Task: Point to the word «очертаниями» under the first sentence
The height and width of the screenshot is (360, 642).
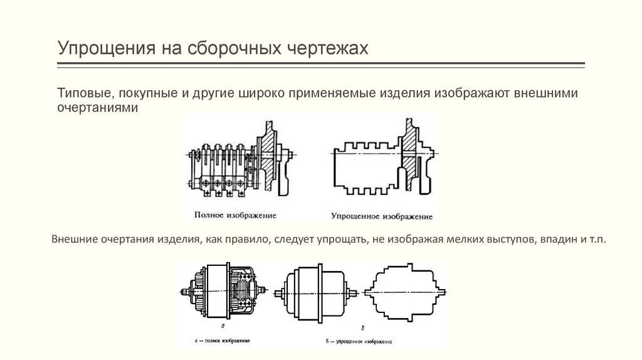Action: [97, 107]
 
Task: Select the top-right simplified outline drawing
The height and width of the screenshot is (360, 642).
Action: [386, 161]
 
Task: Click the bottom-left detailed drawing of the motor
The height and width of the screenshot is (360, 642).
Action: [223, 292]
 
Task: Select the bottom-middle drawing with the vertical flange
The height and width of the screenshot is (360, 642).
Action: [317, 292]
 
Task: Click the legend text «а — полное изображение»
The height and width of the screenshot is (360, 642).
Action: [223, 339]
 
